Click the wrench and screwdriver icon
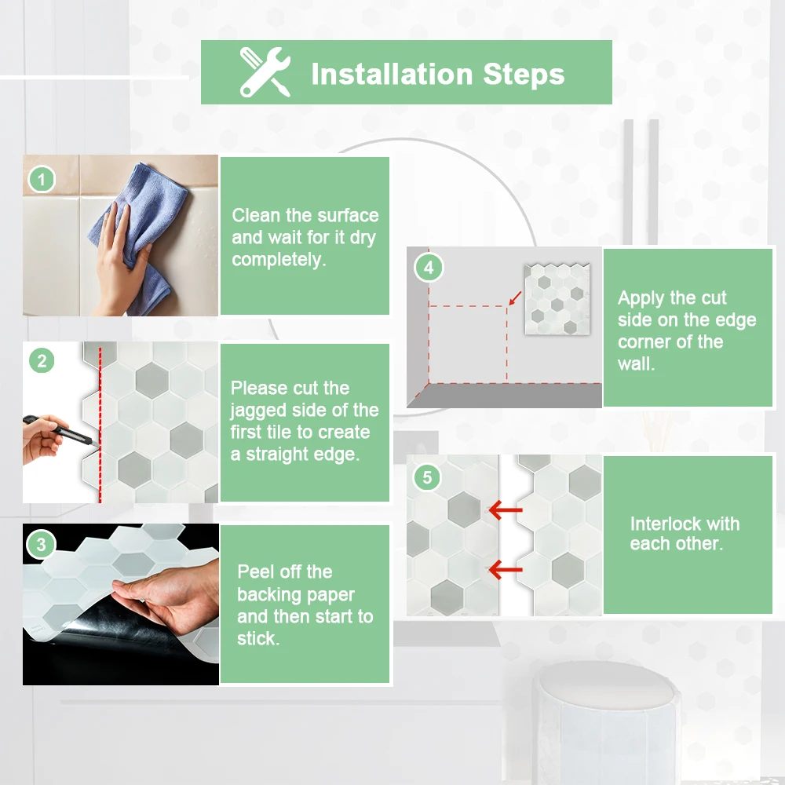[265, 72]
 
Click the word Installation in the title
[392, 74]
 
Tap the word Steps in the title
[524, 75]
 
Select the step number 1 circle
[42, 179]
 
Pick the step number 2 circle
[42, 361]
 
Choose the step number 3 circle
[41, 544]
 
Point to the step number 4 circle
[429, 268]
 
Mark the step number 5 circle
[427, 477]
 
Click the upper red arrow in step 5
[505, 510]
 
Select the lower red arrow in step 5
[505, 569]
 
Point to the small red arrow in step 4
[515, 298]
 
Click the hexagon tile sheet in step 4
[557, 299]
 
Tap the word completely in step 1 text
[279, 260]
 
